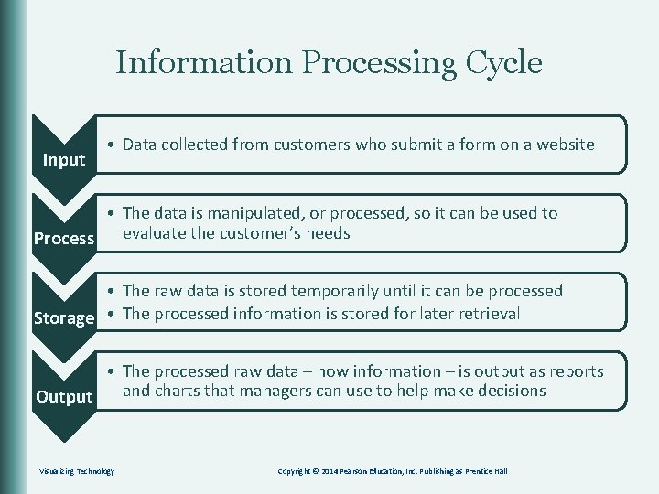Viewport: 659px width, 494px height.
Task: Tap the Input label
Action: [x=64, y=160]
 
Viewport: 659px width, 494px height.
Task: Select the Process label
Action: [x=64, y=239]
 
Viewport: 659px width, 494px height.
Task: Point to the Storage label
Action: [x=64, y=318]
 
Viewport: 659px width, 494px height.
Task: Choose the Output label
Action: [x=64, y=397]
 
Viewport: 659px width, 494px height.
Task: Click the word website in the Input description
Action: [x=565, y=144]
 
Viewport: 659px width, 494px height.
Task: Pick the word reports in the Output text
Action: [x=575, y=371]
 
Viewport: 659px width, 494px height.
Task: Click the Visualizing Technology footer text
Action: [x=77, y=471]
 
